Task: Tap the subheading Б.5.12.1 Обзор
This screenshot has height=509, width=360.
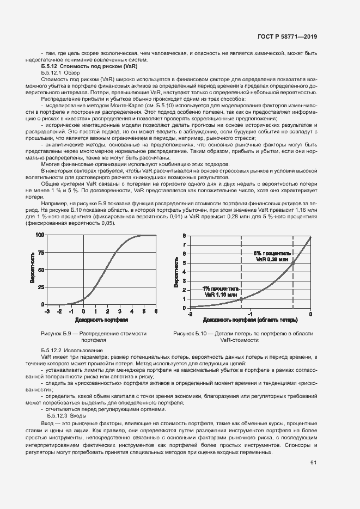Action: point(60,72)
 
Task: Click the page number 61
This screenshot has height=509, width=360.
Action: point(313,463)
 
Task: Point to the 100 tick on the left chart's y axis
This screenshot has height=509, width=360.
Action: point(40,235)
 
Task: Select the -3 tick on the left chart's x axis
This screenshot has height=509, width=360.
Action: point(47,311)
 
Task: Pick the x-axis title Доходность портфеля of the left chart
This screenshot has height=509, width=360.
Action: point(101,320)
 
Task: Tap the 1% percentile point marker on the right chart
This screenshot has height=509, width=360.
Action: point(242,299)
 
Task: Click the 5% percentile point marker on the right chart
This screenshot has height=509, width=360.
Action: point(294,262)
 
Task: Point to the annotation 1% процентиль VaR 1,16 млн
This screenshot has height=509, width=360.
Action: point(221,292)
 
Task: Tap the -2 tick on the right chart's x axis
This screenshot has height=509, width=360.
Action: point(190,314)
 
